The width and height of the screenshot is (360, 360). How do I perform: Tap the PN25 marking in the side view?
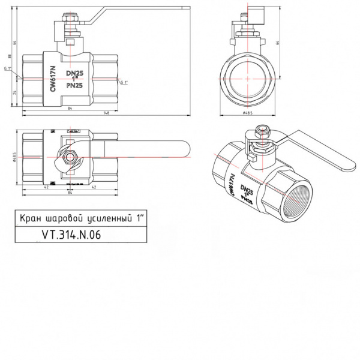74,86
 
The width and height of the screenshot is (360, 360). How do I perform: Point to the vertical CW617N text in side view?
52,80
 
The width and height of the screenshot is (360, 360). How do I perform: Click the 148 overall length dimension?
106,112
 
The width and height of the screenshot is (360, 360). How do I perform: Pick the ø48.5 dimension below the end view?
247,112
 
